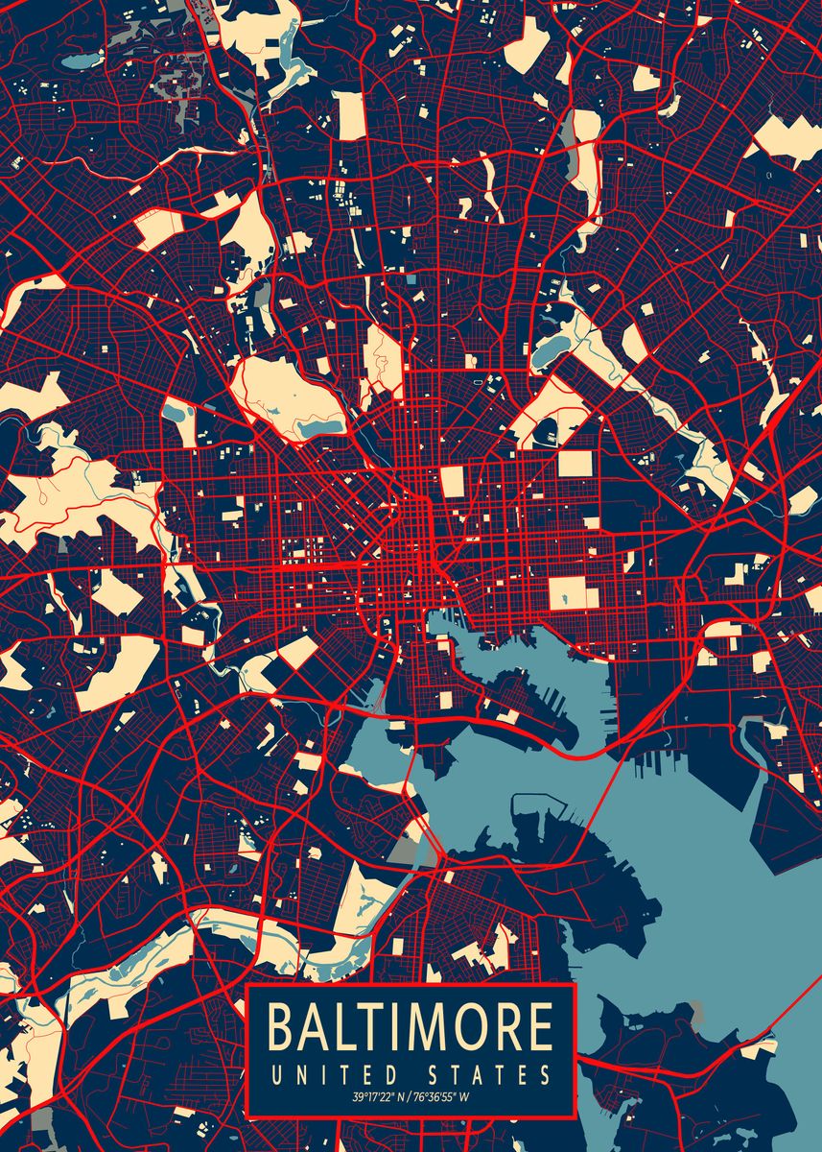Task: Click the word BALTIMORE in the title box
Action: click(x=411, y=1026)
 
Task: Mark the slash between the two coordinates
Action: click(x=407, y=1096)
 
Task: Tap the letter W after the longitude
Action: click(x=465, y=1096)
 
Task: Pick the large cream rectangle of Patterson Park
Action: click(x=574, y=593)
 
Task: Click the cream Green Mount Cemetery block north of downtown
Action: click(x=452, y=481)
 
